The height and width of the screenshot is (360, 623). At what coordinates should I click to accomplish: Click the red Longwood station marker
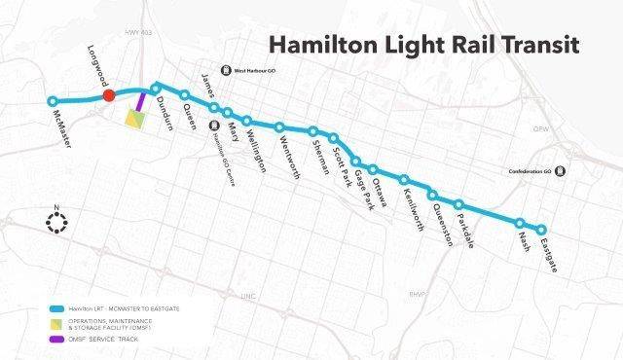[x=110, y=94]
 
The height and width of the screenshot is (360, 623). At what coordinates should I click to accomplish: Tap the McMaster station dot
[x=54, y=101]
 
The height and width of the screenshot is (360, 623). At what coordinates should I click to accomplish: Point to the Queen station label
[x=190, y=117]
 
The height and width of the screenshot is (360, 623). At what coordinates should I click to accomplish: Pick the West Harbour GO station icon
[x=227, y=70]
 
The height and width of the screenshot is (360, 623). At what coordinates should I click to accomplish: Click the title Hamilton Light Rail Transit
[x=424, y=45]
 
